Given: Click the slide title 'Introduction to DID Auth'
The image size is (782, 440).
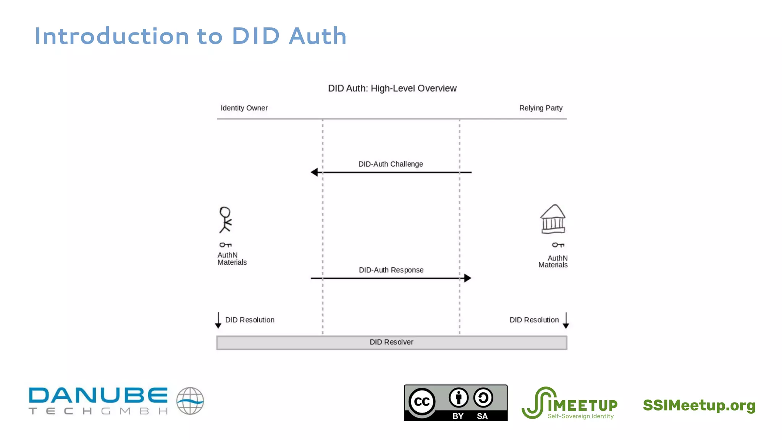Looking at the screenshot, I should (190, 36).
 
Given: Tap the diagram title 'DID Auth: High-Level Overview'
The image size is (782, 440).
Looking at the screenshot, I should (392, 89).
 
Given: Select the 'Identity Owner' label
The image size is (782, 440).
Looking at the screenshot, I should (244, 108).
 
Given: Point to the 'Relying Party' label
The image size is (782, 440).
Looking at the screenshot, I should (541, 108).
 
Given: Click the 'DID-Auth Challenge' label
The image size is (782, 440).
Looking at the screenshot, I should (391, 164).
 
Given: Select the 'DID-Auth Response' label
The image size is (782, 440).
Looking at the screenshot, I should (391, 270).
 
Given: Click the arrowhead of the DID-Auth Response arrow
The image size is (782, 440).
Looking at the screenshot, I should (467, 278).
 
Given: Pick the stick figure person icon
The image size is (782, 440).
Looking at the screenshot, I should (225, 220).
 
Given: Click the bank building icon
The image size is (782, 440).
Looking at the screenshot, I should (553, 219).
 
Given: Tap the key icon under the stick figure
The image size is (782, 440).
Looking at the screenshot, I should (225, 245).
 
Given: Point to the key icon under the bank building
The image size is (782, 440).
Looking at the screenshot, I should (558, 245).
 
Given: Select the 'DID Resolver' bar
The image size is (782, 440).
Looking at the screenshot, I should (391, 343).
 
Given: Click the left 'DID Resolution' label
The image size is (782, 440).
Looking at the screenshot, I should (250, 320).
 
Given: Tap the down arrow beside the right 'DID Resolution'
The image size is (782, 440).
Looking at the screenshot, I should (566, 321).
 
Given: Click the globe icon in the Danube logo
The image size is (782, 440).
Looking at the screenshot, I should (190, 401).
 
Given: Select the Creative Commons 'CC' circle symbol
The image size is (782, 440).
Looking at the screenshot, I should (422, 401).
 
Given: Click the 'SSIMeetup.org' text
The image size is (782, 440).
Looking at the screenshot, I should (699, 405).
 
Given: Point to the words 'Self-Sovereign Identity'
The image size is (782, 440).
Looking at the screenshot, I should (580, 416).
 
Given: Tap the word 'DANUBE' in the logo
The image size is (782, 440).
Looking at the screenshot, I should (98, 395).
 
